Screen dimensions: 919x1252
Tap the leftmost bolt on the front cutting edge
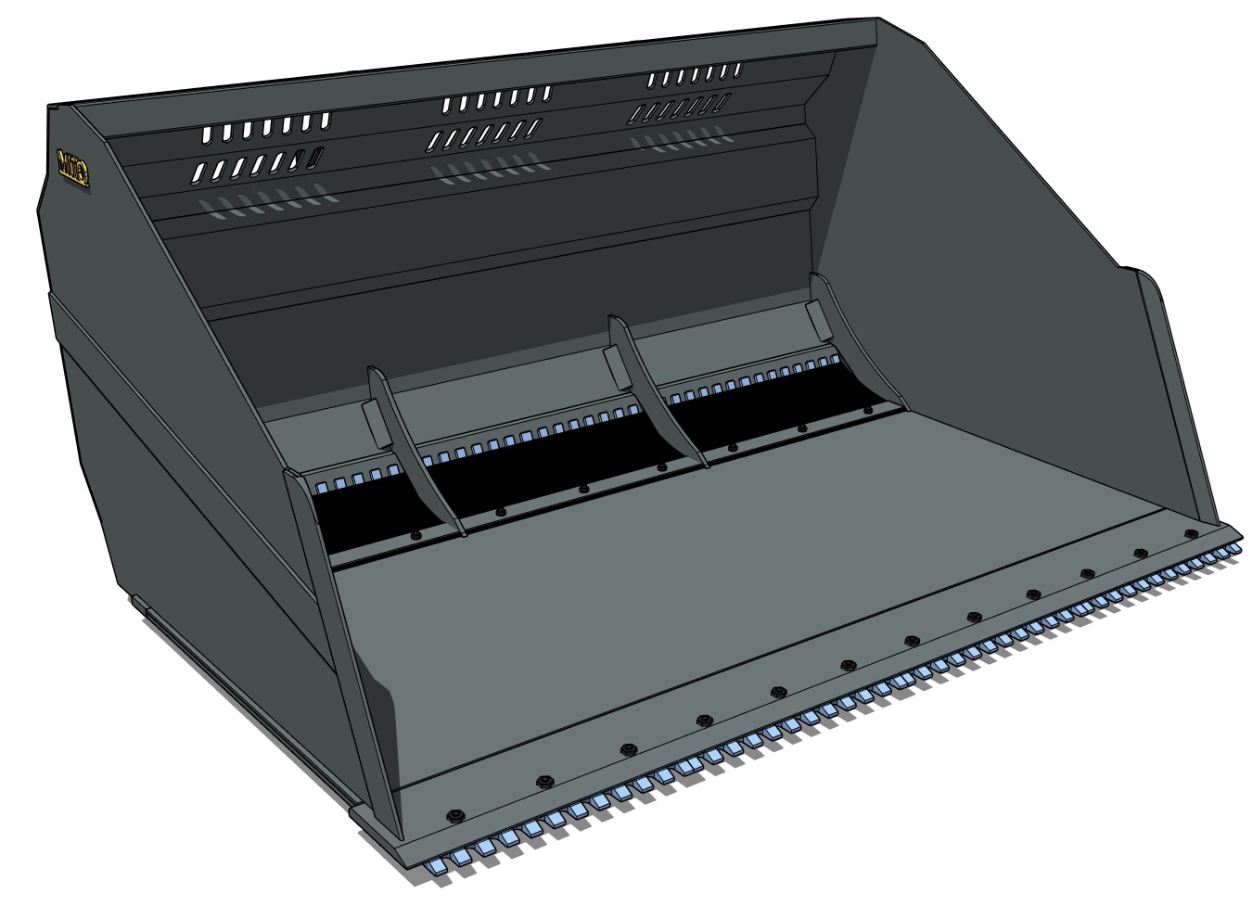(x=454, y=815)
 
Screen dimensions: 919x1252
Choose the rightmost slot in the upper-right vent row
(x=737, y=70)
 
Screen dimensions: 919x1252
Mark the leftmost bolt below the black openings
(x=415, y=535)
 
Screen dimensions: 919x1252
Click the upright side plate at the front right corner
(x=1178, y=399)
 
